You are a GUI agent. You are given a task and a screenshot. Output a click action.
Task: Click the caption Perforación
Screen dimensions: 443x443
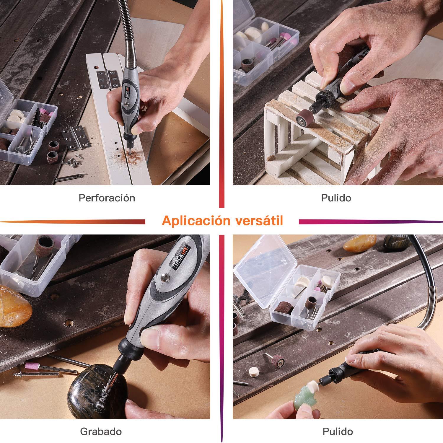point(107,198)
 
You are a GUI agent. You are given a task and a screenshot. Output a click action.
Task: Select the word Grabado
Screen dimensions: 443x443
point(101,431)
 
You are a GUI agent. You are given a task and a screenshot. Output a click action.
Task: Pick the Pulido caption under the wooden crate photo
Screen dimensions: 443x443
point(336,198)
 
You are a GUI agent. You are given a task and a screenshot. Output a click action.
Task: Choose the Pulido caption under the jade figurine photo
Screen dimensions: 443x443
point(338,431)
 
